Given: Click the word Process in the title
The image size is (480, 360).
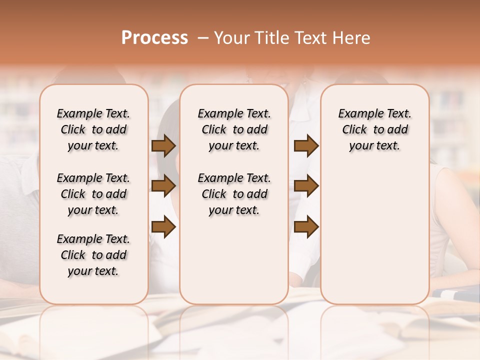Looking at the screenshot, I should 154,38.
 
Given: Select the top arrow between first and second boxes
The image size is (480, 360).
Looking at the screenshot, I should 163,146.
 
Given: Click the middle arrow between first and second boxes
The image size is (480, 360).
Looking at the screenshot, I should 163,186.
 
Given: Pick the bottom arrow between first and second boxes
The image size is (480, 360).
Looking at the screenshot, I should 163,227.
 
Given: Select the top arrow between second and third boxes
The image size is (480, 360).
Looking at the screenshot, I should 306,146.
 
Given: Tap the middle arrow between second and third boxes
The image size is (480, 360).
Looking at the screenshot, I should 306,186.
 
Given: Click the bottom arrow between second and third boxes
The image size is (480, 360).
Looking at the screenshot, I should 306,227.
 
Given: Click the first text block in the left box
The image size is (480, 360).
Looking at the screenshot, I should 93,129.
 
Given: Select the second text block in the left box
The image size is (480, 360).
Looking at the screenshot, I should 93,194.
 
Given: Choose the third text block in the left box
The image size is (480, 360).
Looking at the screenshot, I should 93,255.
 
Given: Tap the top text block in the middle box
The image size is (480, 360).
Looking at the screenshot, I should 234,129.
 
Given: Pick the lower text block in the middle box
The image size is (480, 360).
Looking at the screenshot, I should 234,194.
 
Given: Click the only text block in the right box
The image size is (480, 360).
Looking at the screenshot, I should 374,129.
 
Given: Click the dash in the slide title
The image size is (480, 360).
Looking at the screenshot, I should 202,38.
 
